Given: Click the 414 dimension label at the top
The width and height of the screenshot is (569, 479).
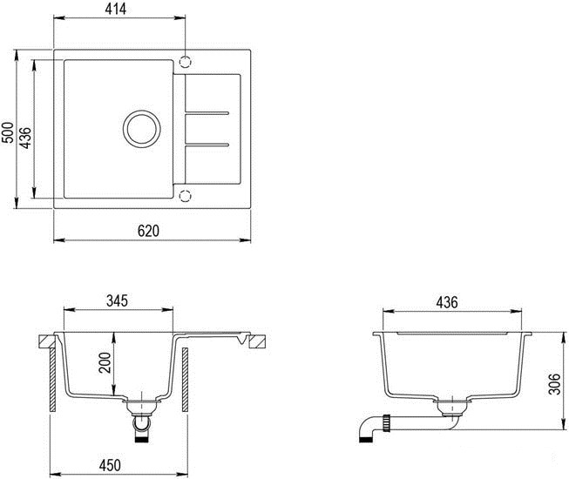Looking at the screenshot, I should coord(119,9).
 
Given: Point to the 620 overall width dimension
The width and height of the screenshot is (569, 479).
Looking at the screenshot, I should coord(149,231).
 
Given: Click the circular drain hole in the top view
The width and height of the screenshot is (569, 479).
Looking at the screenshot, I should coord(141,128).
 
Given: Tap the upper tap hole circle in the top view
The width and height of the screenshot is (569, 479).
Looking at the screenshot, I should coord(184,62).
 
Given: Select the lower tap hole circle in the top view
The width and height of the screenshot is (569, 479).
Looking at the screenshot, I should coord(184,194).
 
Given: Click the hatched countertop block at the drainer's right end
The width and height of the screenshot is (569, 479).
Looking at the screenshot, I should coord(257,341).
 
